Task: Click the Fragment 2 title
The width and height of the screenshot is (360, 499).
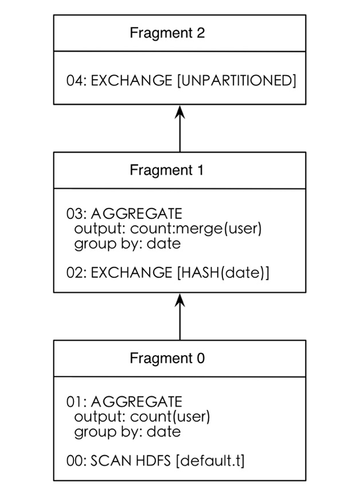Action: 167,33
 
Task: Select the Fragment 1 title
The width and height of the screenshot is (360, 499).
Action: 167,170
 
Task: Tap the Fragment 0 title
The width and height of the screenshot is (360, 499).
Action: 167,359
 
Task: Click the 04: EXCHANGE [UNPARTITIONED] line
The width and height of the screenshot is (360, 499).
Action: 181,81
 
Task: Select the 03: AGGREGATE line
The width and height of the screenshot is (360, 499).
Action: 124,214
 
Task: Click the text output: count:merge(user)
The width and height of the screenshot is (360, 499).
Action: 168,229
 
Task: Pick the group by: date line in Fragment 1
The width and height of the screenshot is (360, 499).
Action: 127,244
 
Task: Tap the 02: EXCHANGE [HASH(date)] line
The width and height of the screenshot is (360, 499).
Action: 168,273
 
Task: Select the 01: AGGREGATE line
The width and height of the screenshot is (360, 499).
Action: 124,402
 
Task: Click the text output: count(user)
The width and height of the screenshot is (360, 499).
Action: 142,417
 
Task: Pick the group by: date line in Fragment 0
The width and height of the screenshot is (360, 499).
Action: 127,431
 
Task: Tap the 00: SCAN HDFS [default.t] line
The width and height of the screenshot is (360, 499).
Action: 155,461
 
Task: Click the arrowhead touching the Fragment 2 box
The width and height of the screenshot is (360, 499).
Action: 180,111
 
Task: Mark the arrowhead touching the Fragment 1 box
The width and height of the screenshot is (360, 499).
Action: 180,300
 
